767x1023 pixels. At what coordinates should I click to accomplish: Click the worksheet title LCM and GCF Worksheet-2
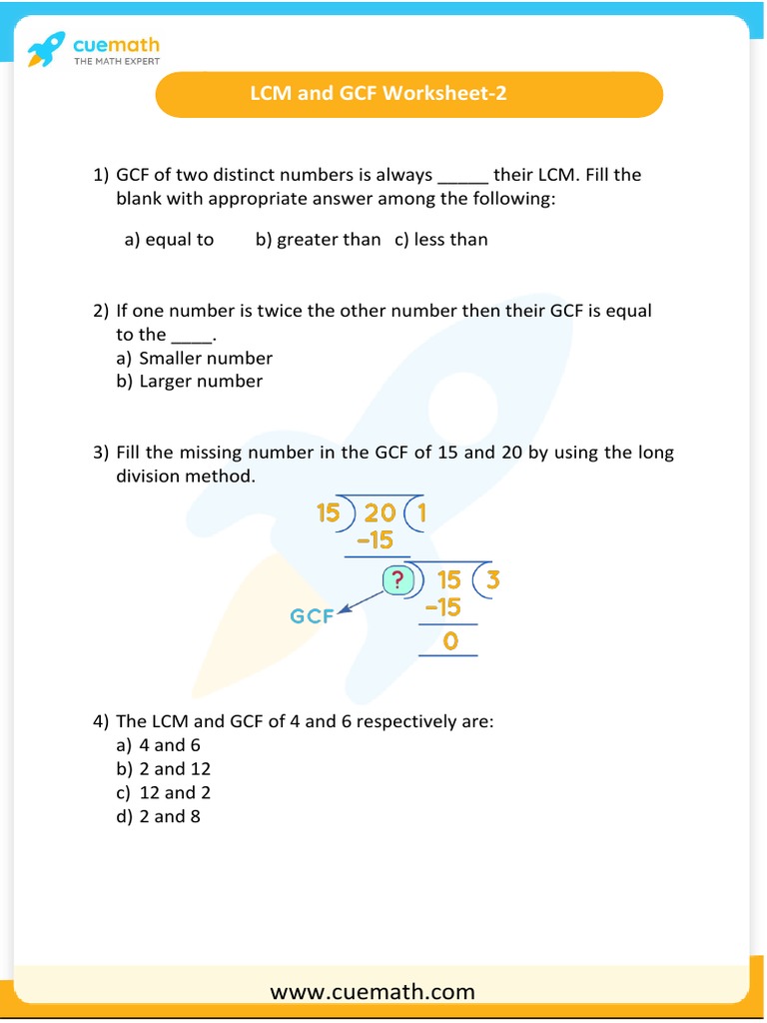[379, 94]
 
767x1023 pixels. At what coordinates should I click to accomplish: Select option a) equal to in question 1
[169, 239]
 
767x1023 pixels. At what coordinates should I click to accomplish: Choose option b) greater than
[318, 239]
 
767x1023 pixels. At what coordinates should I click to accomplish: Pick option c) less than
[440, 239]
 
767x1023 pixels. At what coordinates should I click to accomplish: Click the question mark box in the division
[397, 580]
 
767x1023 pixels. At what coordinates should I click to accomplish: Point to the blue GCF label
[313, 616]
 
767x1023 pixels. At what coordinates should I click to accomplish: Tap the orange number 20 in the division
[380, 513]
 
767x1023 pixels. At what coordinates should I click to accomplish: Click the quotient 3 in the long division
[492, 580]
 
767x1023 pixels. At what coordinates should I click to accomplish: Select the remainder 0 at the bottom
[449, 641]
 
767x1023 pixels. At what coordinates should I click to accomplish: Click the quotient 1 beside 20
[419, 513]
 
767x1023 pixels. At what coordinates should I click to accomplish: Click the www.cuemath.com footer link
[373, 991]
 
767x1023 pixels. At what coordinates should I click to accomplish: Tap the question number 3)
[101, 453]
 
